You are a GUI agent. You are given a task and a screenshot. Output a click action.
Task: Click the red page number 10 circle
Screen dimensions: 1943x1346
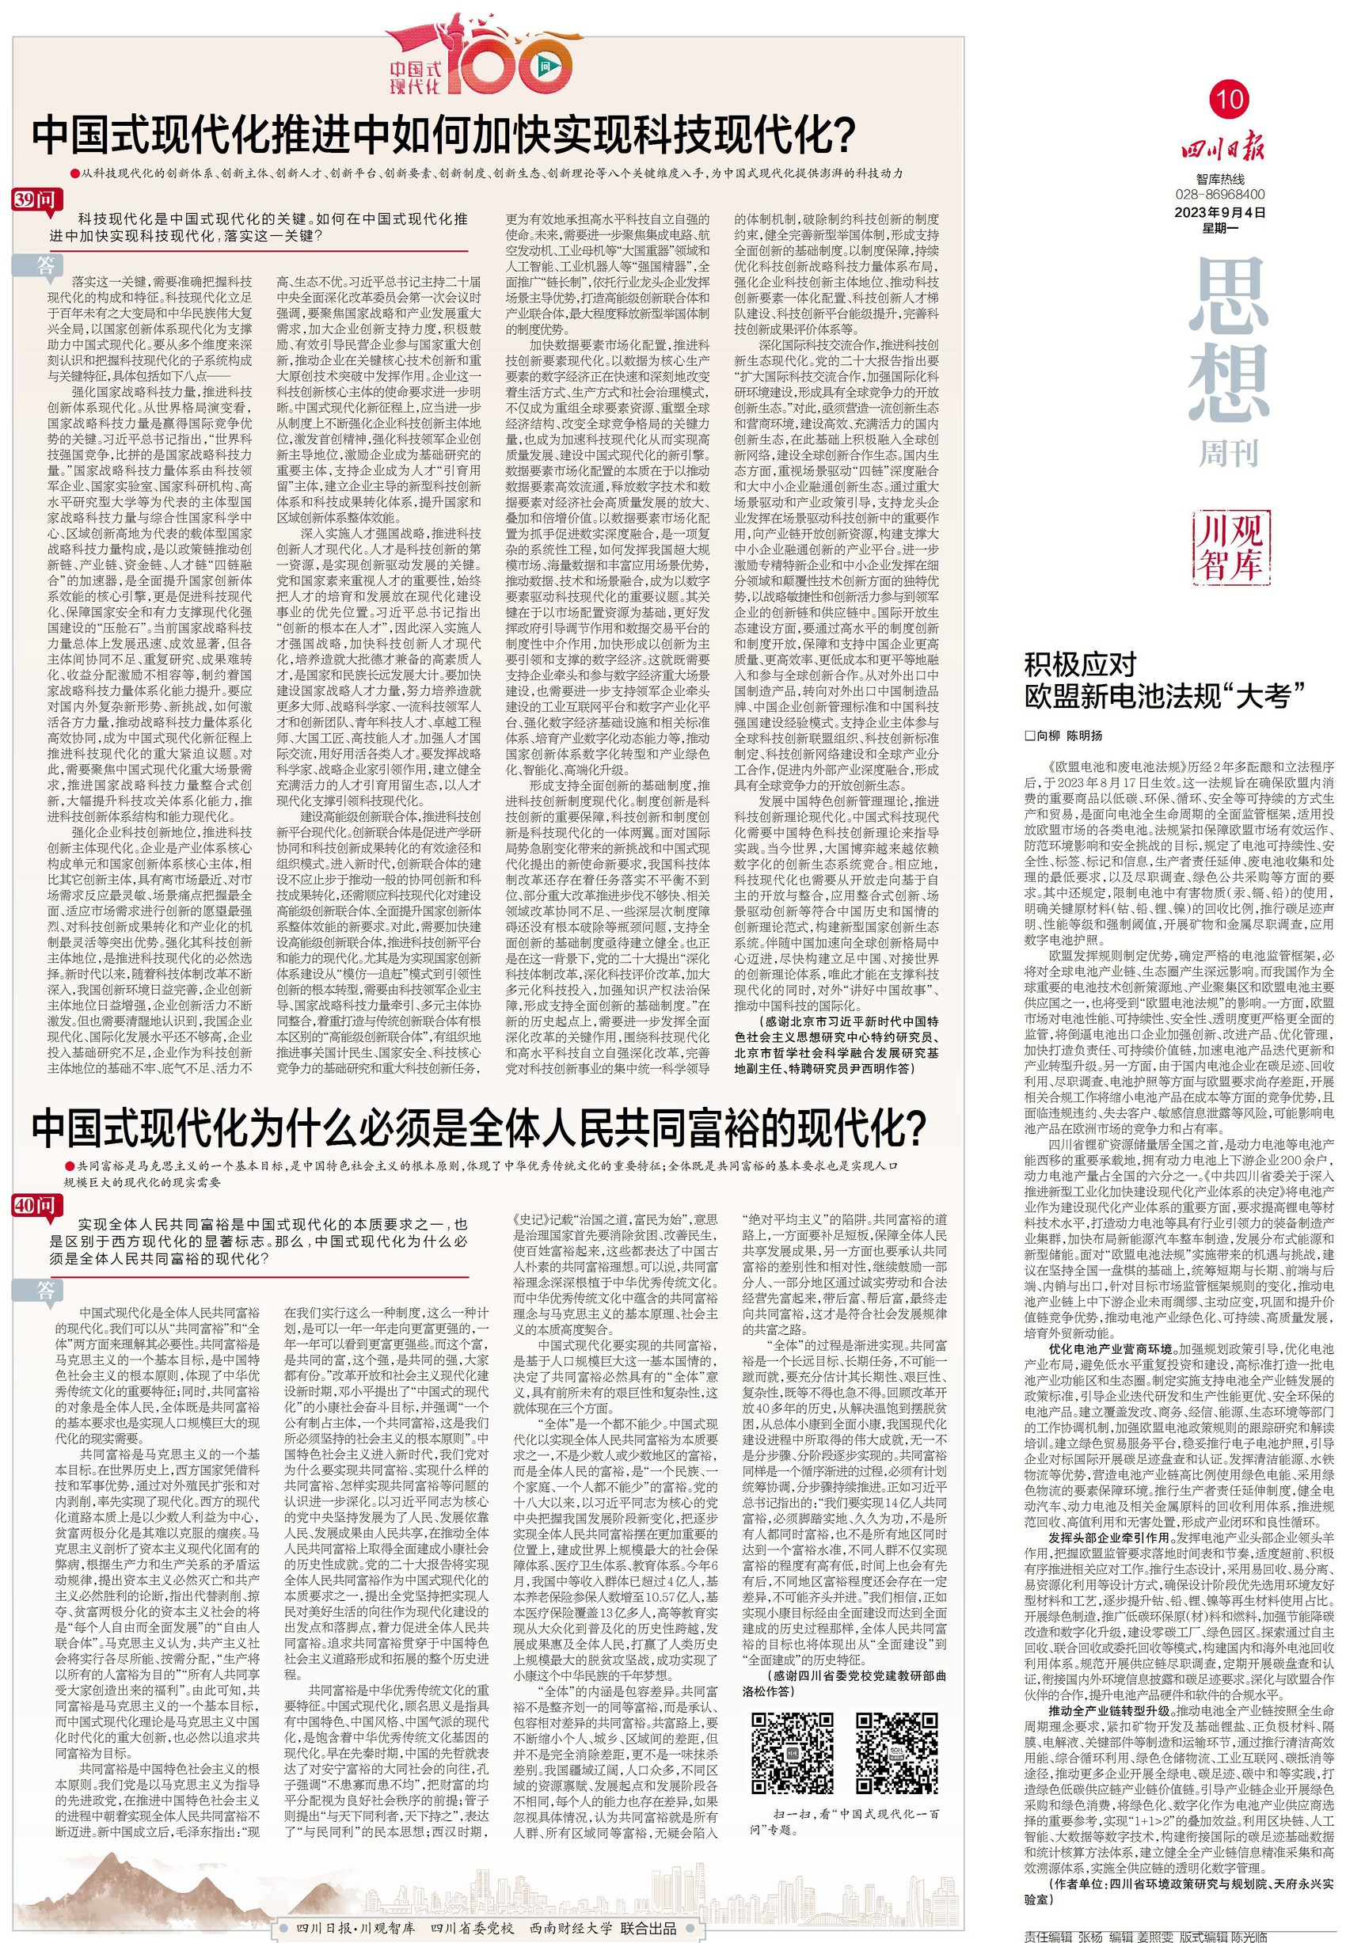[x=1230, y=100]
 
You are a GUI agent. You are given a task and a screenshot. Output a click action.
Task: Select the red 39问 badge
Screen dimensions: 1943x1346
[x=36, y=199]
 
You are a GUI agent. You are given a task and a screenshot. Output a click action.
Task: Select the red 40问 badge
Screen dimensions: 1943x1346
[x=36, y=1206]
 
